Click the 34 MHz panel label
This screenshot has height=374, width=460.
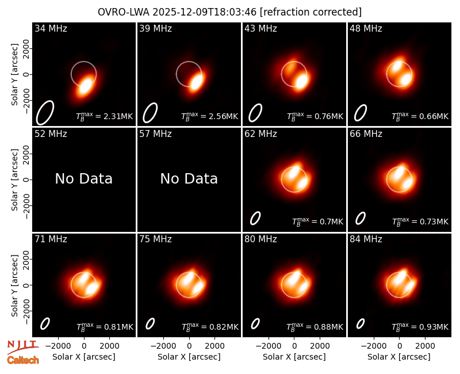[x=51, y=28]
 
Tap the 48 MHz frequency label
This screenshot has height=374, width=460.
[x=366, y=28]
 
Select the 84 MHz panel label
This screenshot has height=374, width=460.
[x=366, y=239]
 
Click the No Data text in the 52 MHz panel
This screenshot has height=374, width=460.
[x=83, y=178]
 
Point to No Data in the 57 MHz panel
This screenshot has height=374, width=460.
[x=189, y=178]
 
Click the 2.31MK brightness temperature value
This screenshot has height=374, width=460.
[x=114, y=117]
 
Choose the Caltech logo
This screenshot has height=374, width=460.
[x=23, y=360]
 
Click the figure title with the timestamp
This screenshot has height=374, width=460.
[x=229, y=12]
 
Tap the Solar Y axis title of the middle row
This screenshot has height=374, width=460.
[x=14, y=180]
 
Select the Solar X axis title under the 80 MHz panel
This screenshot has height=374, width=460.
[x=294, y=357]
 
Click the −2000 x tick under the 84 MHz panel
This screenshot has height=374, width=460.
[x=373, y=346]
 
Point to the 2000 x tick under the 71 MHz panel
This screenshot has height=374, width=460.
[x=109, y=346]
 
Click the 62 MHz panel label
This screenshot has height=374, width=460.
[x=261, y=134]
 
